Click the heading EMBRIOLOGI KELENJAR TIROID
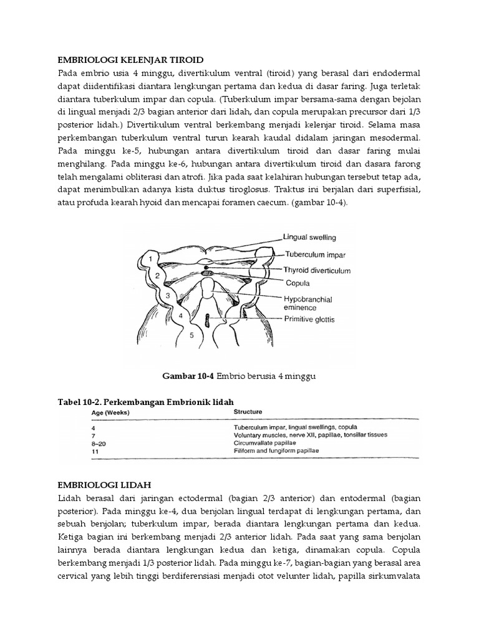(x=130, y=60)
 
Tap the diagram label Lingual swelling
(x=309, y=237)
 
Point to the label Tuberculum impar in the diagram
(x=312, y=254)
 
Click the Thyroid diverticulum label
(x=317, y=271)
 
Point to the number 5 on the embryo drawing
(x=191, y=335)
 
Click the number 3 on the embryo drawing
(x=167, y=295)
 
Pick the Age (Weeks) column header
(x=107, y=412)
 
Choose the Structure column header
(x=248, y=412)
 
